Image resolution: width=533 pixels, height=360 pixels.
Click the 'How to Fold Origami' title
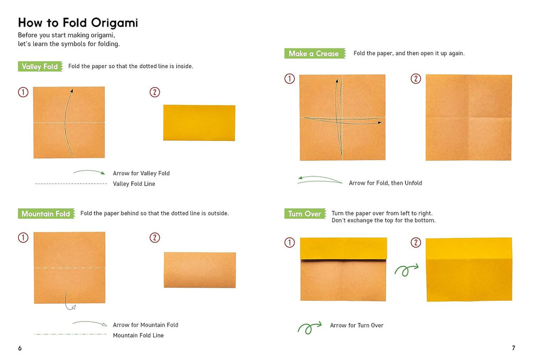click(78, 23)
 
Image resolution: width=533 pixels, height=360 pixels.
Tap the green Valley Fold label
click(40, 66)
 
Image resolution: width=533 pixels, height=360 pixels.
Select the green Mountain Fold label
click(46, 214)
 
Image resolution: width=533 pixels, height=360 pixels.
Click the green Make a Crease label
click(315, 53)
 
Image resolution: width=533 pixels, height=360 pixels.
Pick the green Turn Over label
click(305, 214)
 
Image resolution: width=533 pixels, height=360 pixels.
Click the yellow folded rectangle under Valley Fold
click(199, 123)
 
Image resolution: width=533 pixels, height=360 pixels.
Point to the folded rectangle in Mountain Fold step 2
click(200, 270)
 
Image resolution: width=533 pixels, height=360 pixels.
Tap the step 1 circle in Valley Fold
click(23, 92)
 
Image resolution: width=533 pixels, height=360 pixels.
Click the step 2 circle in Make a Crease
click(416, 79)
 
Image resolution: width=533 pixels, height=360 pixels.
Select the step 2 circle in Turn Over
click(416, 242)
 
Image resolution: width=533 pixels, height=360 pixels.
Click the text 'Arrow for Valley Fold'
click(141, 173)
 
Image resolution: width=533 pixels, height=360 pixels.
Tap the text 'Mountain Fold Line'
click(138, 335)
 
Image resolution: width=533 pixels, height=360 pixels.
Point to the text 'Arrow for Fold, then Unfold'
click(385, 183)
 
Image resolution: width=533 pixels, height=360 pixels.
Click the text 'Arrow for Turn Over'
click(357, 325)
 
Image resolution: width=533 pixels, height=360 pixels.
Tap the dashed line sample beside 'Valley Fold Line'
click(71, 184)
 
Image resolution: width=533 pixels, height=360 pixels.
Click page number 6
click(20, 348)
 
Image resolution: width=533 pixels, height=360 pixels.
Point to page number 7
click(513, 348)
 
